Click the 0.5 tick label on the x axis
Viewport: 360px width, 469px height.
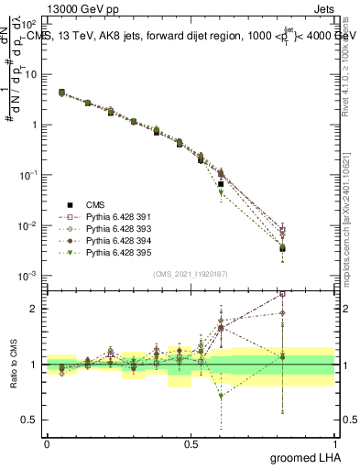pyautogui.click(x=191, y=444)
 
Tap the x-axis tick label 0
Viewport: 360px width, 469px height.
pyautogui.click(x=47, y=444)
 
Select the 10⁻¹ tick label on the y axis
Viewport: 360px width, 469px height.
pyautogui.click(x=29, y=175)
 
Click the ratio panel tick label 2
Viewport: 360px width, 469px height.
pyautogui.click(x=35, y=309)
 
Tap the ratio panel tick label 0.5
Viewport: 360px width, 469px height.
pyautogui.click(x=32, y=420)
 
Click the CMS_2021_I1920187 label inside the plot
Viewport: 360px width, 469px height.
pyautogui.click(x=191, y=274)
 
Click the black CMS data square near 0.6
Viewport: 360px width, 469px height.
pyautogui.click(x=221, y=184)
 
